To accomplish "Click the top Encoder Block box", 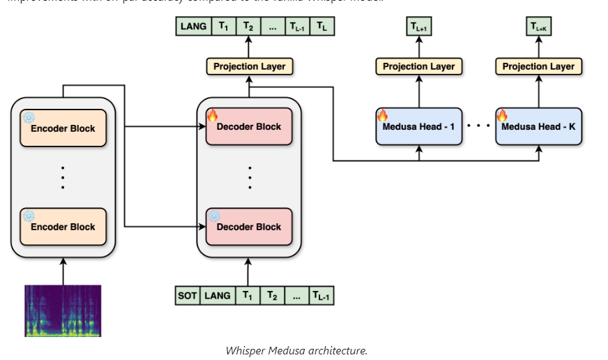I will tap(63, 128).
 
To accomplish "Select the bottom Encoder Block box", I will tap(63, 227).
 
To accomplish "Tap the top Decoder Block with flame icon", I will tap(249, 127).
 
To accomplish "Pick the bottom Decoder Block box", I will tap(249, 227).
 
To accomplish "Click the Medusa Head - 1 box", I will tap(418, 127).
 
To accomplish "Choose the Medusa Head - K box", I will tap(538, 127).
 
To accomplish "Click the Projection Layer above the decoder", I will tap(249, 66).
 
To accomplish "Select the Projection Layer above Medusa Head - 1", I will tap(418, 66).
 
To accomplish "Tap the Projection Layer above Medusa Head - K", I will tap(538, 66).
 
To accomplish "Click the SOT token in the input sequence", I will tap(188, 296).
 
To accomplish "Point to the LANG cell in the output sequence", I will tap(193, 27).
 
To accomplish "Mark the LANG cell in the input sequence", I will tap(218, 296).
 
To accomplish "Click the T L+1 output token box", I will tap(419, 27).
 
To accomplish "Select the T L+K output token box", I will tap(539, 27).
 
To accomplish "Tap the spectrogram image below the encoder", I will tap(63, 310).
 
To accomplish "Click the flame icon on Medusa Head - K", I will tap(502, 115).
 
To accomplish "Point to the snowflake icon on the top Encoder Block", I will tap(29, 117).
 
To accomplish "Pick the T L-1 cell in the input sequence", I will tap(321, 296).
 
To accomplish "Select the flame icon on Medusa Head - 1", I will tap(382, 115).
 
